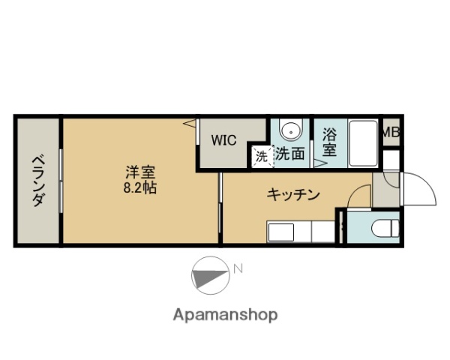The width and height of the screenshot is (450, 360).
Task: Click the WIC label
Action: click(x=223, y=139)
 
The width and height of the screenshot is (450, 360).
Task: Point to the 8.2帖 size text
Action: click(x=139, y=187)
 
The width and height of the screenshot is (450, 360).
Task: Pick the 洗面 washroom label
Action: click(x=289, y=154)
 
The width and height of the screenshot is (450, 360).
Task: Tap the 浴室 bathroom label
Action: click(x=329, y=142)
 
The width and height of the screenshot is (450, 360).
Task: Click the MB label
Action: click(x=391, y=133)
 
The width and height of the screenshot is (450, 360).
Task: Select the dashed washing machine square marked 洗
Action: click(x=261, y=157)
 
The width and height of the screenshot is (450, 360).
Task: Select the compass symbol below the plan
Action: click(x=210, y=275)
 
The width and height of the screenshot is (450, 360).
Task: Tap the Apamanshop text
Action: click(x=224, y=314)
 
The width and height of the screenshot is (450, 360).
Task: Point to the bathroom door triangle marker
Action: click(x=319, y=161)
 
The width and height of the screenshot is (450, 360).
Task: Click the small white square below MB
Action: click(x=391, y=160)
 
